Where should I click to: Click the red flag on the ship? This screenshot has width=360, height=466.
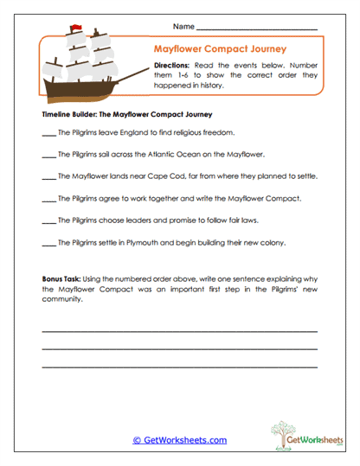(x=77, y=31)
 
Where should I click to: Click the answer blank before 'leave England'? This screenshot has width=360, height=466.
(x=48, y=133)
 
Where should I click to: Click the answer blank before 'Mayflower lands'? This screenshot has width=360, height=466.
(x=48, y=177)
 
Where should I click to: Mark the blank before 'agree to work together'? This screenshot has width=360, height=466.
(x=48, y=200)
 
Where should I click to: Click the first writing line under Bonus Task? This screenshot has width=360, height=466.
(x=179, y=330)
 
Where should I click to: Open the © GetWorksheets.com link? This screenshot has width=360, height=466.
(x=179, y=440)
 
